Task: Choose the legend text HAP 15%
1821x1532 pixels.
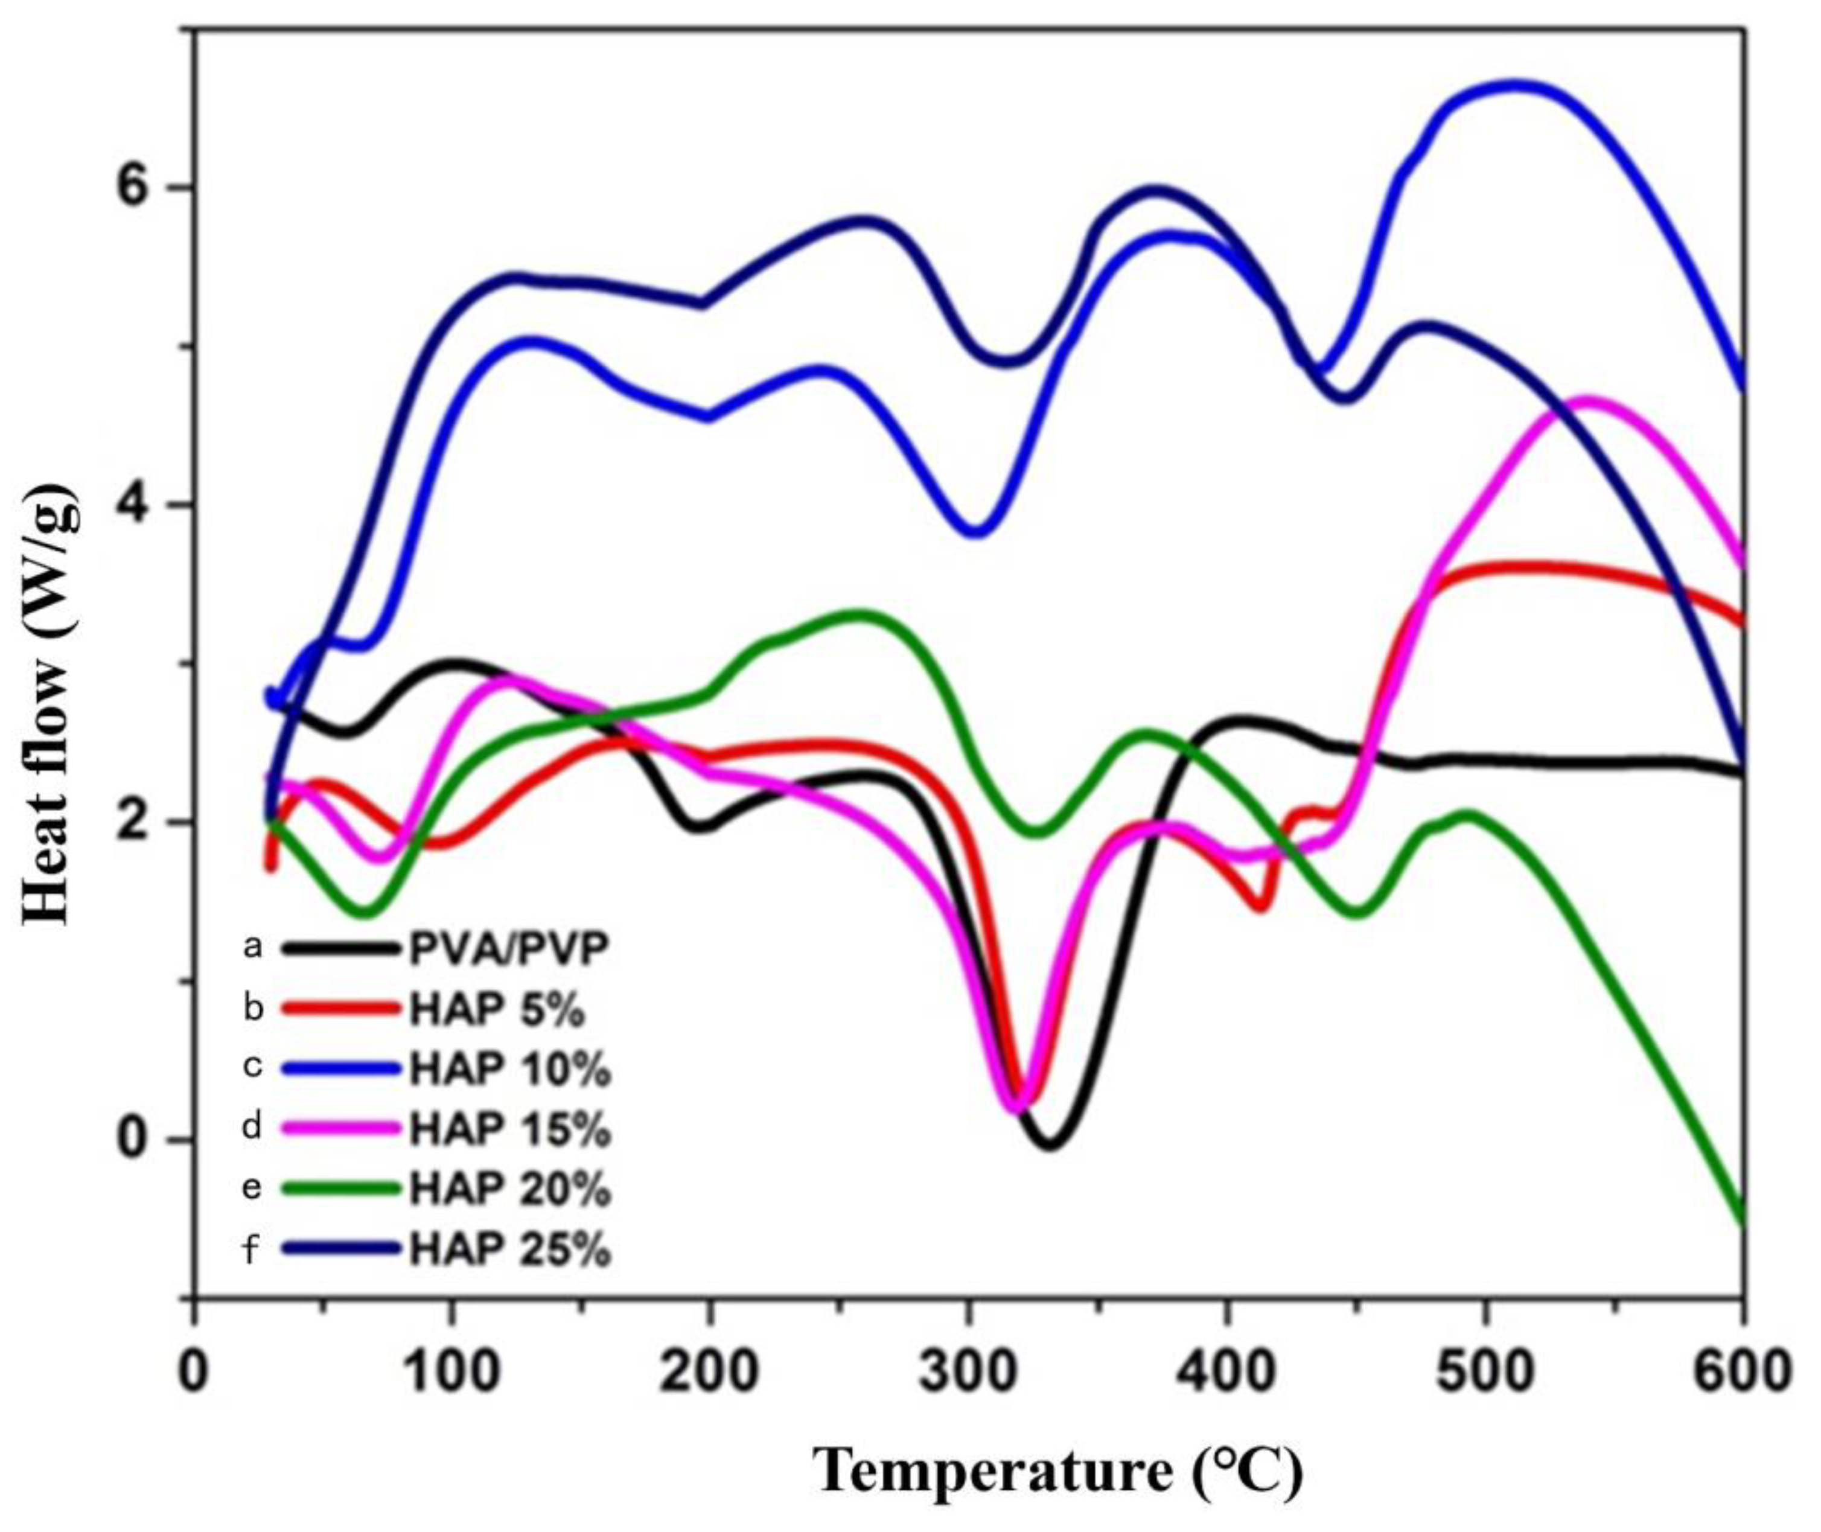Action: click(x=511, y=1129)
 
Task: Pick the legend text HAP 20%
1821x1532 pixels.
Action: click(x=511, y=1189)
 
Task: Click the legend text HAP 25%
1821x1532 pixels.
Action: click(x=511, y=1249)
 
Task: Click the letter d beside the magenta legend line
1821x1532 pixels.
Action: click(x=252, y=1128)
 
